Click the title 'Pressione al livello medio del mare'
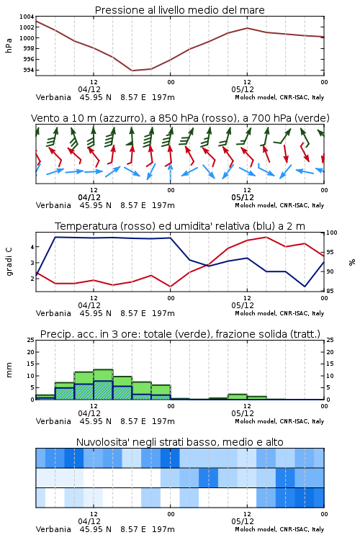(x=179, y=10)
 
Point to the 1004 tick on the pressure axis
(x=27, y=17)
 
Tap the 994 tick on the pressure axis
(x=29, y=71)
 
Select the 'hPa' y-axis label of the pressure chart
(x=9, y=45)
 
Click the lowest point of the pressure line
(x=132, y=71)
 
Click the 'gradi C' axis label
(x=9, y=262)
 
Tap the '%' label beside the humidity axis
(x=352, y=262)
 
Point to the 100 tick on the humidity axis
(x=332, y=233)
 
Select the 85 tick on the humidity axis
(x=330, y=291)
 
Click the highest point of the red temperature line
(x=266, y=237)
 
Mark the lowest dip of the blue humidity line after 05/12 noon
(x=305, y=286)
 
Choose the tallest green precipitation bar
(x=103, y=384)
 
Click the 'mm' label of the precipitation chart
(x=9, y=370)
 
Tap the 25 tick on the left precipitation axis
(x=31, y=340)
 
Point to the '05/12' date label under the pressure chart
(x=243, y=89)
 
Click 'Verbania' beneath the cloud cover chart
(x=53, y=529)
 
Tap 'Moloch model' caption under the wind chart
(x=256, y=205)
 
